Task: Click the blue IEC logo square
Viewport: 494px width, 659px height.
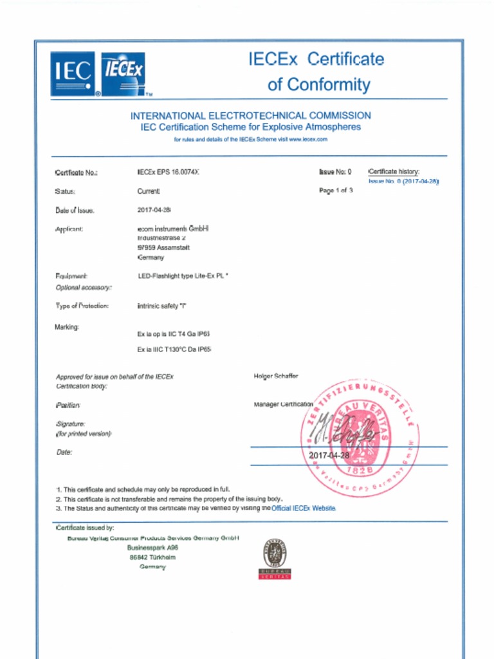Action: coord(73,74)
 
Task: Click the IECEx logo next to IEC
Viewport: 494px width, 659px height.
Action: coord(123,73)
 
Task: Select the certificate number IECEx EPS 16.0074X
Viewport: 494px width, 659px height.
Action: coord(164,172)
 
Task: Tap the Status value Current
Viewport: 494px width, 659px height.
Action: coord(149,191)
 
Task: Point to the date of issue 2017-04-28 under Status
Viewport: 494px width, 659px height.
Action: coord(154,210)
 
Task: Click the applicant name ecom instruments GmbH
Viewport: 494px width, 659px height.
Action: coord(174,228)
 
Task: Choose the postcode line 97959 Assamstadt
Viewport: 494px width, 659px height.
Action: coord(163,247)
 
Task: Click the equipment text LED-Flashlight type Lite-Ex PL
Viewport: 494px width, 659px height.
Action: coord(183,275)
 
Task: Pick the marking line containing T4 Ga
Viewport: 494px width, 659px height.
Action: coord(174,334)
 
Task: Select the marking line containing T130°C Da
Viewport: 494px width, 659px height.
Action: coord(174,349)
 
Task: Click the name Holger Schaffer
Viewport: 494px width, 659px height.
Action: coord(277,376)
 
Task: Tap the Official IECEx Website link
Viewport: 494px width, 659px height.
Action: coord(304,508)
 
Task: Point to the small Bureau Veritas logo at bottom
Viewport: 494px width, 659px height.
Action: coord(275,558)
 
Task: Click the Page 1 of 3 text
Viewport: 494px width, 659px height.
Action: coord(336,191)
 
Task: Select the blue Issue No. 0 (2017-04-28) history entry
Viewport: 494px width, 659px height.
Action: coord(403,181)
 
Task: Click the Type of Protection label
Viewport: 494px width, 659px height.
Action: coord(82,306)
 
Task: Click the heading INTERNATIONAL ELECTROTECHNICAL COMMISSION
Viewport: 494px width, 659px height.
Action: coord(251,116)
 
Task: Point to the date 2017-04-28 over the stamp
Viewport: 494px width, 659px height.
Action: coord(329,456)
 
